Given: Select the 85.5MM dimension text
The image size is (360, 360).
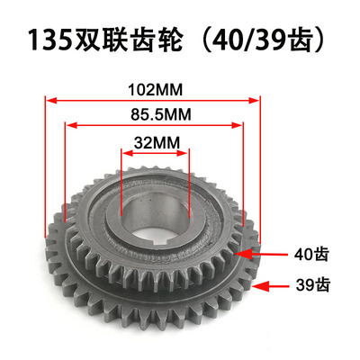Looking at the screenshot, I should click(x=154, y=114).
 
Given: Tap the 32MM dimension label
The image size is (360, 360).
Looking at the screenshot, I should click(x=156, y=141).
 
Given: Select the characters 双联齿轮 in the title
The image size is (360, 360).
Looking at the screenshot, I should click(x=127, y=41).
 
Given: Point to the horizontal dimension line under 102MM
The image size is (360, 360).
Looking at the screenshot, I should click(x=154, y=100).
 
